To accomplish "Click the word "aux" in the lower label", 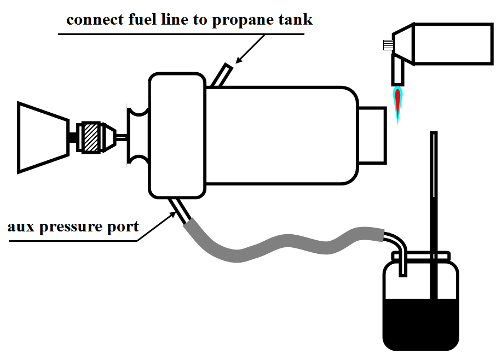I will pos(21,226).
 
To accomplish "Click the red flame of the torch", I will pos(398,102).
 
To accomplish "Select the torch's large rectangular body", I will pos(452,44).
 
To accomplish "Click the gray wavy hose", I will pos(274,246).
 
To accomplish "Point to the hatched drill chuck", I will pos(91,137).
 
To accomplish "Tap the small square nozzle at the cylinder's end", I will pos(372,135).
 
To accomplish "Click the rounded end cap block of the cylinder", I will pos(177,136).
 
